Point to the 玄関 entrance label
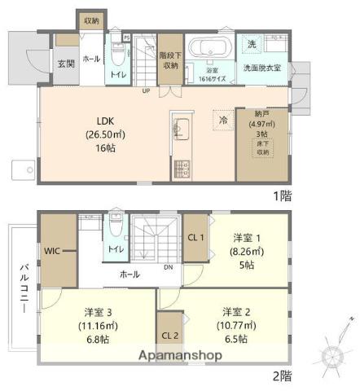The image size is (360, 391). point(66,64)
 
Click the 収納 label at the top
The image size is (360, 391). point(90,20)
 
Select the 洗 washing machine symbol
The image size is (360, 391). point(252,42)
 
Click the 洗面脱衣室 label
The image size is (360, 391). point(261,68)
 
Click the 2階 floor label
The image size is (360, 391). point(281,376)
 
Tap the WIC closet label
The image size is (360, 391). point(55,252)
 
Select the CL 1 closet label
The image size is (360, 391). point(195,237)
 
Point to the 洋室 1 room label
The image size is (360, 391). point(248,238)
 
